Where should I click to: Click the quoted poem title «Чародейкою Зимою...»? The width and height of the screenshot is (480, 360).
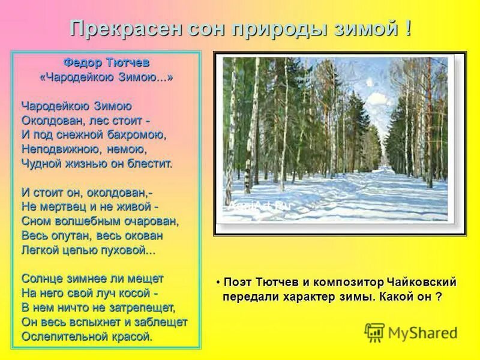[105, 77]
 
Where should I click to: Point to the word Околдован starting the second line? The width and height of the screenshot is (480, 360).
[50, 120]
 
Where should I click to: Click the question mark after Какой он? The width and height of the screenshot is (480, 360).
[439, 296]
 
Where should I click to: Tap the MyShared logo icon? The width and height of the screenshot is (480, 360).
[374, 332]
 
